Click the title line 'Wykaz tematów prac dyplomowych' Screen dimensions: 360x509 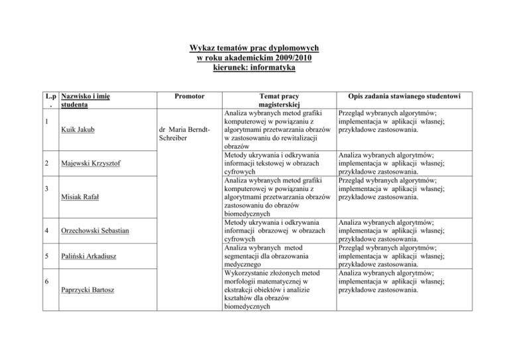click(x=254, y=48)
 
